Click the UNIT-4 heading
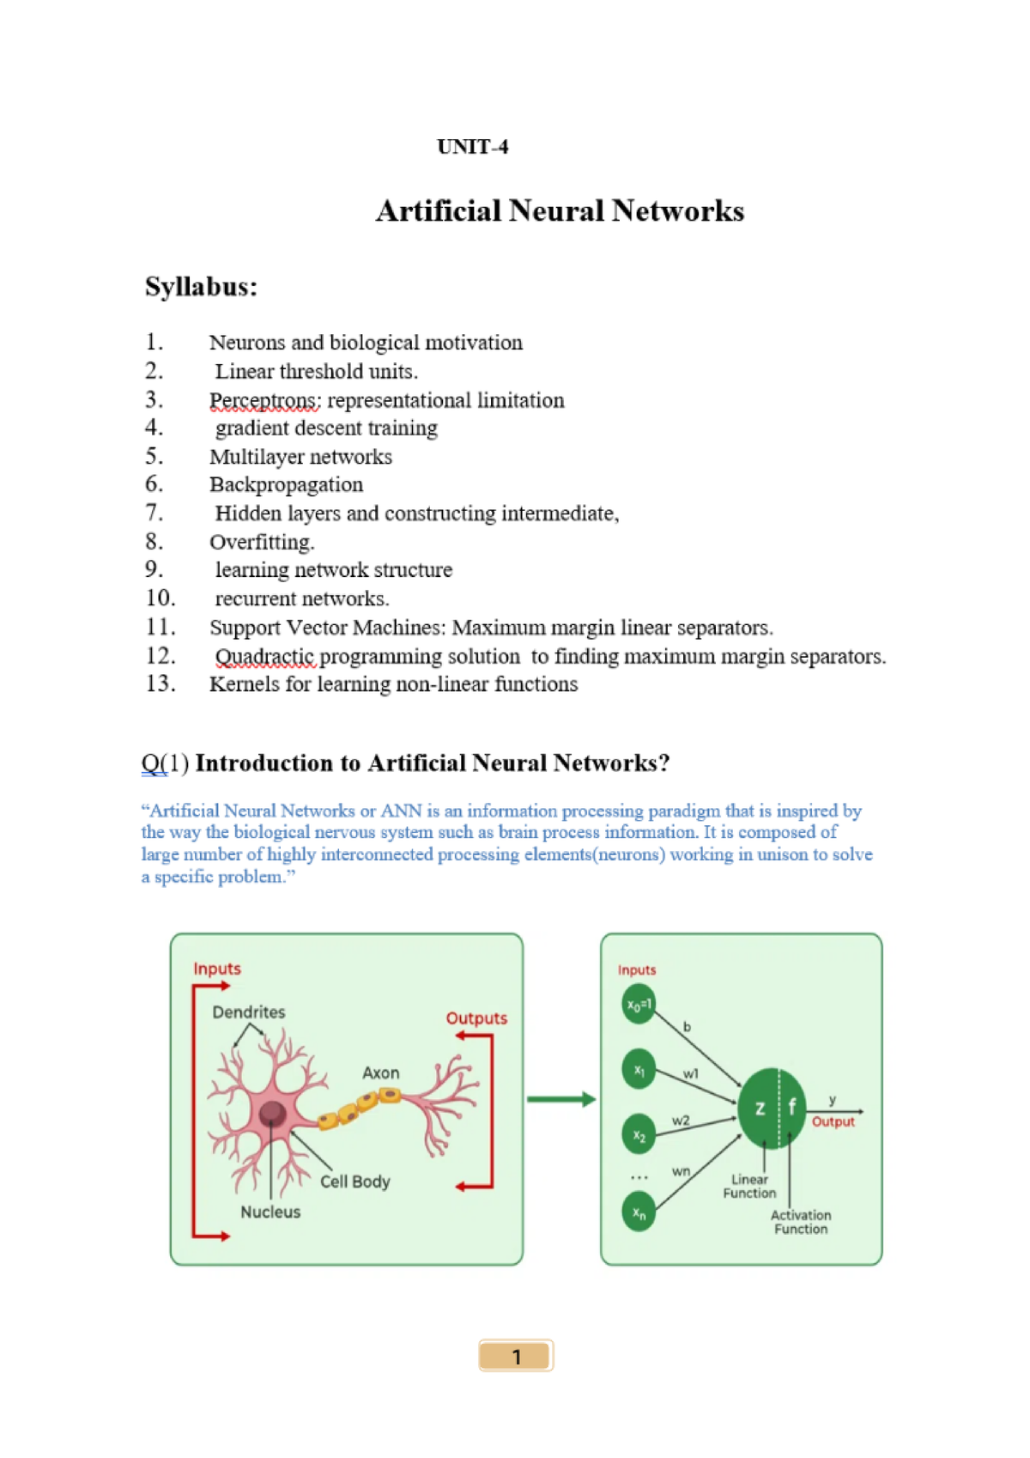click(472, 147)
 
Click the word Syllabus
click(201, 286)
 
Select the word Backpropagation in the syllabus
click(286, 485)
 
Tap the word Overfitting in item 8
click(261, 542)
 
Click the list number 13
click(161, 683)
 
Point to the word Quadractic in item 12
click(265, 657)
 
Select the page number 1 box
click(516, 1356)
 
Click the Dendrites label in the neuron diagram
click(248, 1012)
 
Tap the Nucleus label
click(270, 1212)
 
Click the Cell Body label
click(354, 1182)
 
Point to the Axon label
click(380, 1072)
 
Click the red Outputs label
click(476, 1018)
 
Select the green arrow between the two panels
click(560, 1099)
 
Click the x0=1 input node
click(639, 1004)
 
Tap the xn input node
click(639, 1212)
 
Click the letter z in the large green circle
click(760, 1109)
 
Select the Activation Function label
click(800, 1222)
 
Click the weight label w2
click(681, 1121)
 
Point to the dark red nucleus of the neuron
click(273, 1113)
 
